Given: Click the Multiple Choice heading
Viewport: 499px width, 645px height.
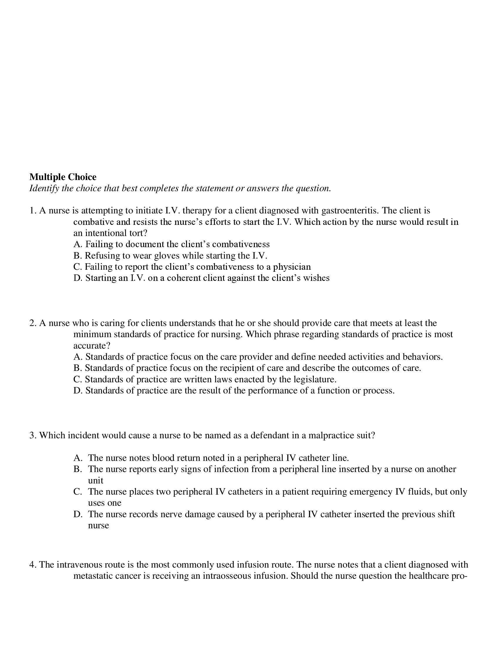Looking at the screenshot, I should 63,177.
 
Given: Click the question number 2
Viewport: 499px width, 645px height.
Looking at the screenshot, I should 33,323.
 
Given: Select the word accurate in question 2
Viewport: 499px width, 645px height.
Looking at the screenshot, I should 90,346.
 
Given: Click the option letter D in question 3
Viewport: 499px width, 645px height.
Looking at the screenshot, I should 78,514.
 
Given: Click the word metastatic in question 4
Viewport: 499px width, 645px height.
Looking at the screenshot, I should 92,576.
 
